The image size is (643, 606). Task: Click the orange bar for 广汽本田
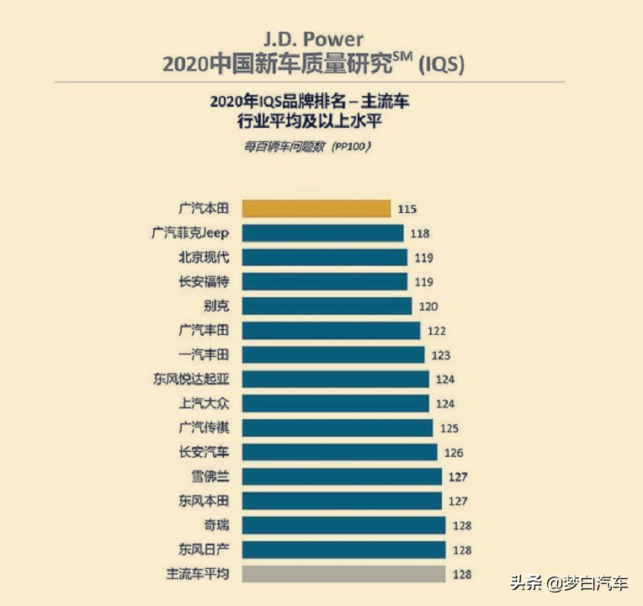[316, 209]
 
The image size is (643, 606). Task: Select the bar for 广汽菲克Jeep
[322, 233]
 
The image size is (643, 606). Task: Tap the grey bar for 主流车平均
[343, 574]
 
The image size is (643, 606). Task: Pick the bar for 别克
[327, 306]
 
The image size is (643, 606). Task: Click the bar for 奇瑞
[343, 525]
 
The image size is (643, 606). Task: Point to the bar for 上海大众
[335, 403]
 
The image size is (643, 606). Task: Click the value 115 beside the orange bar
[407, 209]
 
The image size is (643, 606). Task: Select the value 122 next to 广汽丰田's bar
[436, 331]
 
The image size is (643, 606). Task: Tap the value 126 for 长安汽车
[453, 453]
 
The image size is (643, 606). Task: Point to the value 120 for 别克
[428, 306]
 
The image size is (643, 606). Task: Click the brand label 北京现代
[204, 258]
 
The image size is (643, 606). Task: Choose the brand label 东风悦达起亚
[191, 380]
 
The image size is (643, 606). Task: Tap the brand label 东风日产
[204, 550]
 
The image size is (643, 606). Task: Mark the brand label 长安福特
[204, 282]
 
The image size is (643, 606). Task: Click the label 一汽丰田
[204, 355]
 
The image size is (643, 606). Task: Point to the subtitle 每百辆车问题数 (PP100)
[308, 146]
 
